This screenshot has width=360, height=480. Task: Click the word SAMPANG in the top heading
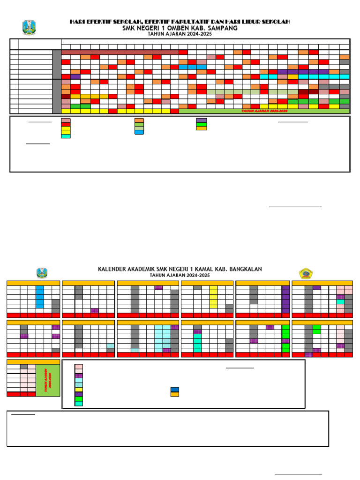click(220, 28)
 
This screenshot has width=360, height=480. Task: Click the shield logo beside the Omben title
click(29, 27)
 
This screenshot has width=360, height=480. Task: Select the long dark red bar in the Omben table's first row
click(120, 52)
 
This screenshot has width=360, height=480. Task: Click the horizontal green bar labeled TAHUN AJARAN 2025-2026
click(264, 111)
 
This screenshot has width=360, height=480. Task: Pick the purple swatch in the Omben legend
click(201, 120)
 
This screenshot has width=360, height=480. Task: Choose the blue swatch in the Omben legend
click(139, 132)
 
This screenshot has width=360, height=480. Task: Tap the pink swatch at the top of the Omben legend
click(66, 120)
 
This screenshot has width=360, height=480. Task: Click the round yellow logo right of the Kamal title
click(306, 273)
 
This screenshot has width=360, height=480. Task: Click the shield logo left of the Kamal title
click(42, 273)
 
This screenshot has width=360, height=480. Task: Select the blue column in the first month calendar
click(40, 297)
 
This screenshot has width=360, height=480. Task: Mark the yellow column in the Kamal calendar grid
click(213, 297)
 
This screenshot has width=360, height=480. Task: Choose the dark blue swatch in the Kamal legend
click(174, 390)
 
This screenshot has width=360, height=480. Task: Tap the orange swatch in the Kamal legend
click(174, 394)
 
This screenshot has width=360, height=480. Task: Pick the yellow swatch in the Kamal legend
click(79, 390)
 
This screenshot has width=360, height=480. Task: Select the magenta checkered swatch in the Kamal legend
click(79, 375)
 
